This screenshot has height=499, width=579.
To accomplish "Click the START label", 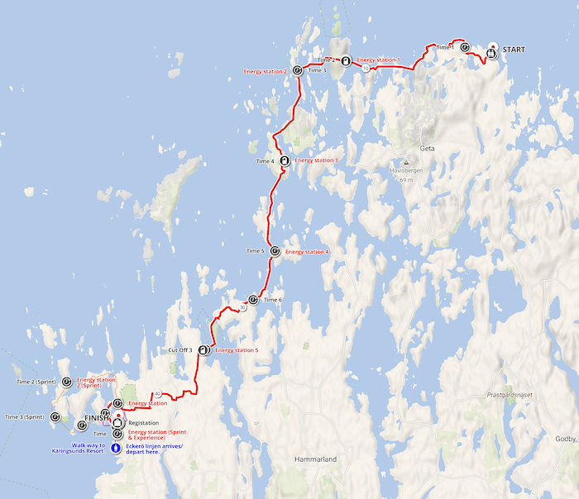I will point(514,50).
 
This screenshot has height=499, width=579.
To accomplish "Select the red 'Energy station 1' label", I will point(378,60).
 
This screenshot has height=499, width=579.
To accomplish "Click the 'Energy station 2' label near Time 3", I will point(266,72).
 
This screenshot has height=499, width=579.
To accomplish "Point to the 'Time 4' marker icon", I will point(285,160).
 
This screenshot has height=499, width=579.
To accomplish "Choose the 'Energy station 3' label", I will point(316,160).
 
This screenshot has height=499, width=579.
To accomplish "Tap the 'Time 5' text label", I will point(256,250).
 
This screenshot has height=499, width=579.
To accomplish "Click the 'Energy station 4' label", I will point(307,251).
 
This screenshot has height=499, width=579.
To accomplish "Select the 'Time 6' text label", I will point(274,299).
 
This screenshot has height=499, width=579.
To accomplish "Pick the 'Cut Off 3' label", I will point(179,350).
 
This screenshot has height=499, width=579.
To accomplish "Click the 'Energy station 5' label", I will point(237,350).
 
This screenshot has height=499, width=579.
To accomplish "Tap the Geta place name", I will point(428,149).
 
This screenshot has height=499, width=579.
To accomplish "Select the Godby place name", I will point(564,439).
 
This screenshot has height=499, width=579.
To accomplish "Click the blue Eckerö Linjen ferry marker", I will point(117,447).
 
